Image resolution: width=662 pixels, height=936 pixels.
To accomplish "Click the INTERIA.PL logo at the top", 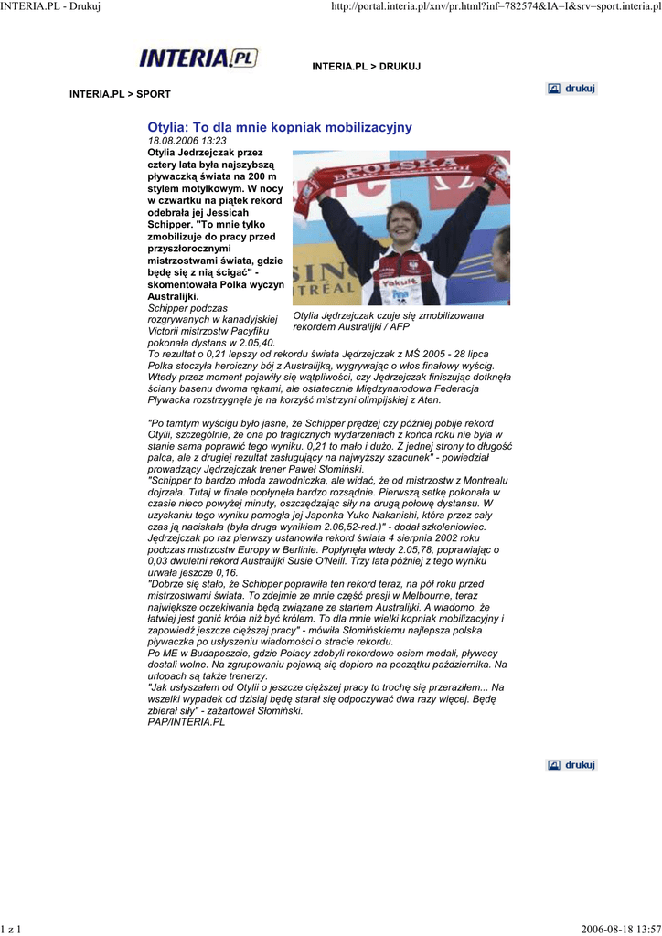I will (x=198, y=58).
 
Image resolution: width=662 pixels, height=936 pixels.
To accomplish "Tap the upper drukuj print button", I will (x=571, y=89).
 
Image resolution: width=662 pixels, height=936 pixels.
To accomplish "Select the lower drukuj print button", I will (x=571, y=765).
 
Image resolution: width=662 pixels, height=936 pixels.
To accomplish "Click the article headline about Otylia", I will (x=280, y=127).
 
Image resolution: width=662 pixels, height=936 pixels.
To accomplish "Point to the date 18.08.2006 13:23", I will (x=187, y=141).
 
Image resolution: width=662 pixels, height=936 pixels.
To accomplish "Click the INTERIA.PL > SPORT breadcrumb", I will (x=120, y=94).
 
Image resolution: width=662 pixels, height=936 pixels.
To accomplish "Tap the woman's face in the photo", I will (x=402, y=223).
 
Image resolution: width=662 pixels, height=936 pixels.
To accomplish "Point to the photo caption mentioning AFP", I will (x=389, y=321).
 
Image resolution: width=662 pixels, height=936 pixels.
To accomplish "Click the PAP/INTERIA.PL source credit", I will (x=186, y=722).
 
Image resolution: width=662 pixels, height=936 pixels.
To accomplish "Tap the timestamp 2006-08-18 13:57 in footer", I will (x=620, y=929).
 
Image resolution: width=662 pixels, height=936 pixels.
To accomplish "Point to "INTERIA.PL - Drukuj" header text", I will (x=49, y=6).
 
